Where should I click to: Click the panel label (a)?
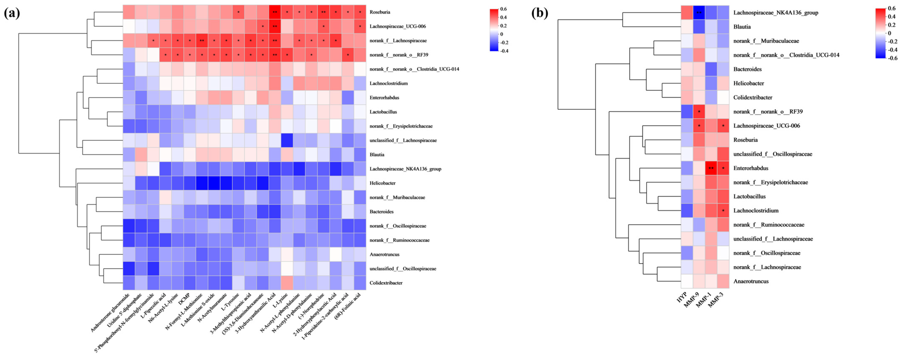12,13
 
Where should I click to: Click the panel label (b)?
540,13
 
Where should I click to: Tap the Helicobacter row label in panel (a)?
382,183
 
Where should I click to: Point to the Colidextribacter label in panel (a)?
386,283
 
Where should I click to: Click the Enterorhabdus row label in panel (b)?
751,168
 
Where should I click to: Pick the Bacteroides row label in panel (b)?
747,69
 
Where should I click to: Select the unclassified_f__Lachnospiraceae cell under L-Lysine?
287,140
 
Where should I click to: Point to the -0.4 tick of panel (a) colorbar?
504,51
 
